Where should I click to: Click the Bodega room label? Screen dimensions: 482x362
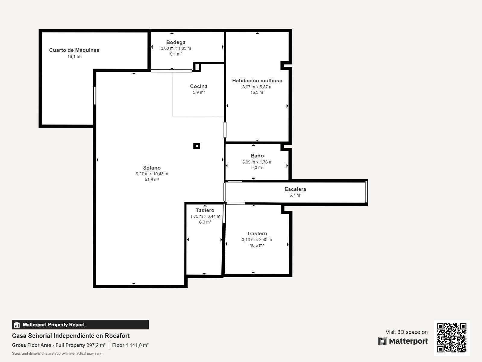[176, 42]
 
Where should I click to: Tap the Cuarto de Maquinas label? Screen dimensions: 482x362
[74, 50]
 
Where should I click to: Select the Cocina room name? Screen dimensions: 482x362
[199, 86]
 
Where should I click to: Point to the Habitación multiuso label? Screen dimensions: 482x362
[257, 81]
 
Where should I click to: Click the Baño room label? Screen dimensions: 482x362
[257, 156]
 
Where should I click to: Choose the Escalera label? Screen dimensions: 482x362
[295, 189]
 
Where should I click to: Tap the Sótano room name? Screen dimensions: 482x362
[152, 168]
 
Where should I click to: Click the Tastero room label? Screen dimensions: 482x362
[205, 210]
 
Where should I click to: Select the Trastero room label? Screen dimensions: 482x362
[257, 233]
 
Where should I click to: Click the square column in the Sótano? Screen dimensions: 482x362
[197, 146]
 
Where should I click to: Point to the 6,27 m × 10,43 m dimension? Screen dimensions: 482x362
[152, 174]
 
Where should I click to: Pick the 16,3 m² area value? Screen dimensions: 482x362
[257, 93]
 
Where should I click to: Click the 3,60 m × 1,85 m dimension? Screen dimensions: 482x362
[176, 48]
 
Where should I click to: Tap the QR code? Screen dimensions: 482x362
[452, 338]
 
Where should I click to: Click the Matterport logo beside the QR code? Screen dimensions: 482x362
[403, 341]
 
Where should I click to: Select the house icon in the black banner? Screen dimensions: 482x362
[17, 325]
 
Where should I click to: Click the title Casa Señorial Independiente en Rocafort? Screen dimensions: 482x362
[71, 336]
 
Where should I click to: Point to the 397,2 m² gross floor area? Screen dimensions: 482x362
[96, 345]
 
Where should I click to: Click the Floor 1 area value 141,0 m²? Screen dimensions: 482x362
[139, 345]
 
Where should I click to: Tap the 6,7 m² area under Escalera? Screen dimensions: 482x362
[295, 195]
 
